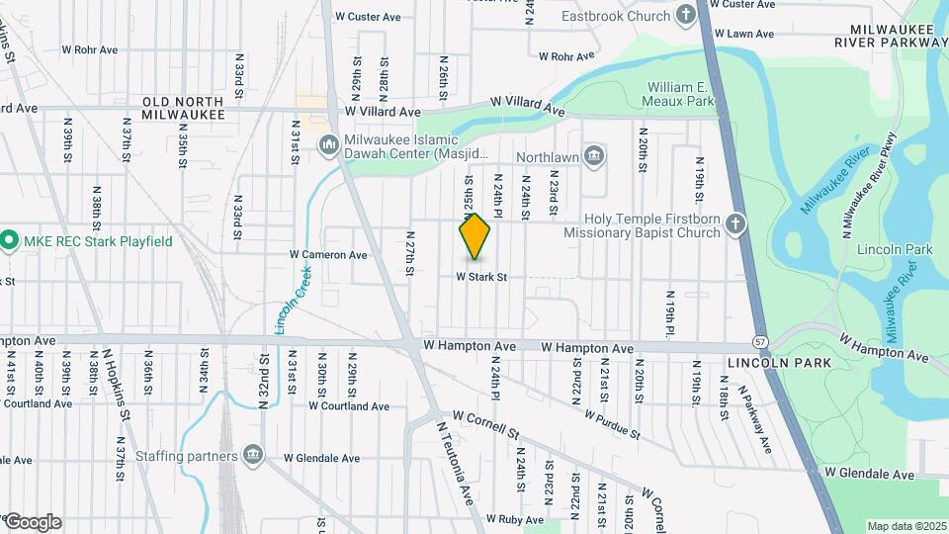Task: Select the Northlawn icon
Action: click(x=594, y=155)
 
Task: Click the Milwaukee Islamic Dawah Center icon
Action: click(x=328, y=146)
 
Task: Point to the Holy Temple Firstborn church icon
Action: click(x=734, y=224)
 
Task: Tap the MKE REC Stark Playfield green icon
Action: click(x=9, y=241)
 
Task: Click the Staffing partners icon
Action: click(x=254, y=455)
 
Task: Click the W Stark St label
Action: click(x=481, y=278)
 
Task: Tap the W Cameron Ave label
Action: click(x=328, y=255)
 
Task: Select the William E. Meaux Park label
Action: click(x=681, y=94)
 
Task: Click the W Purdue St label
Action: click(x=612, y=426)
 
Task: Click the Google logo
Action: click(x=33, y=521)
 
